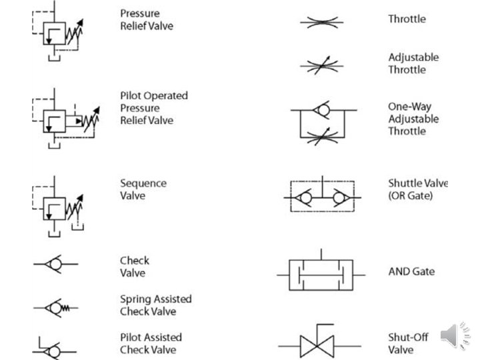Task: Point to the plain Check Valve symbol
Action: [56, 265]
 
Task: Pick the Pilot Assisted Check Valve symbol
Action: [55, 348]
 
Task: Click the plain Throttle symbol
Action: [321, 22]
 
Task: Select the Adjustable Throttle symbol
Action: [321, 65]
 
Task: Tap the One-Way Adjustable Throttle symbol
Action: [323, 123]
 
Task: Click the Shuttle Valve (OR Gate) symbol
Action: [322, 197]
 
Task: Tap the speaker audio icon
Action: [455, 334]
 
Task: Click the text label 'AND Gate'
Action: [411, 272]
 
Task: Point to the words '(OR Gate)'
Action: [411, 196]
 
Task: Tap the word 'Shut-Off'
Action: [408, 337]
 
